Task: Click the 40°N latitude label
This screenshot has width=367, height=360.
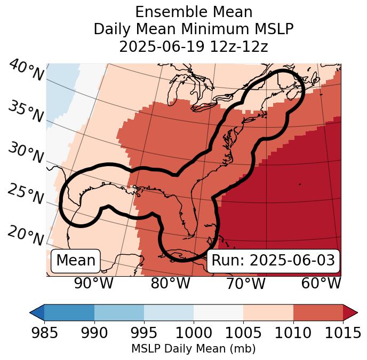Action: click(26, 71)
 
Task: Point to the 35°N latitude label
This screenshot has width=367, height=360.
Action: click(26, 111)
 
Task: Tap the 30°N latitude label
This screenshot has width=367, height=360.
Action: click(26, 153)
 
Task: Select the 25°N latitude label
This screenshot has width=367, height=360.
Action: click(26, 194)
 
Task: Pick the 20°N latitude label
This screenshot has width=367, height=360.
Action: click(26, 236)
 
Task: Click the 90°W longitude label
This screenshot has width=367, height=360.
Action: click(94, 283)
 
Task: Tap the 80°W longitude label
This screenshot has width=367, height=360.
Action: click(170, 283)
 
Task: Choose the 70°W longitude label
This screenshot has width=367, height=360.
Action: click(245, 283)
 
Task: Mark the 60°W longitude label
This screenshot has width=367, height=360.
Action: click(321, 283)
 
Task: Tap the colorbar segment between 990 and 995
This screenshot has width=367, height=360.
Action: click(119, 312)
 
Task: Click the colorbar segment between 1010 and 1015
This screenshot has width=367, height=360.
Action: click(318, 312)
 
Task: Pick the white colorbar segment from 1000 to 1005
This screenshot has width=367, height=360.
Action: click(218, 312)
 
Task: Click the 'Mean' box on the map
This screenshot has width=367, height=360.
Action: click(76, 261)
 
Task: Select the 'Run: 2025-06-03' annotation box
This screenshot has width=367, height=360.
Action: click(273, 261)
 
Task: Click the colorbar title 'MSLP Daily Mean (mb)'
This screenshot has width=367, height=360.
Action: click(193, 349)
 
